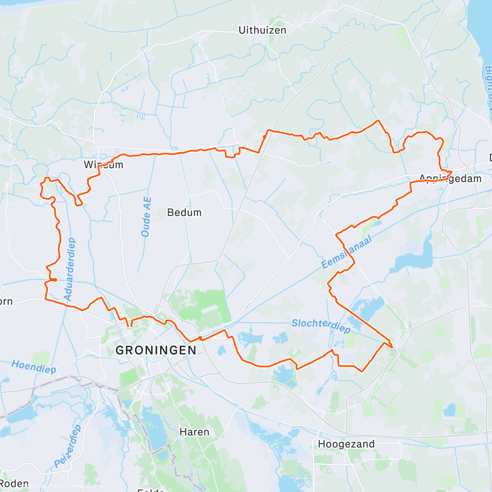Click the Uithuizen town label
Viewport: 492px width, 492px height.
tap(262, 30)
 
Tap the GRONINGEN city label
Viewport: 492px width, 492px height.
tap(156, 350)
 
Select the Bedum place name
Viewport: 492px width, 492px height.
tap(184, 212)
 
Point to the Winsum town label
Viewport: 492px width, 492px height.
tap(103, 165)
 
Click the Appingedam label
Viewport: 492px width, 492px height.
tap(450, 179)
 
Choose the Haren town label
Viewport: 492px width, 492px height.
tap(194, 432)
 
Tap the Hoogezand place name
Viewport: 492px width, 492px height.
tap(346, 444)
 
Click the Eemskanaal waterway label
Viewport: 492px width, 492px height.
tap(346, 252)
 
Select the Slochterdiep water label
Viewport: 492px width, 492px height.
tap(321, 326)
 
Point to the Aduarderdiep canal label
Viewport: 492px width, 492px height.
tap(69, 269)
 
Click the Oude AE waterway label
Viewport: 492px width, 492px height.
tap(146, 217)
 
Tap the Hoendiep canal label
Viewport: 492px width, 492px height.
tap(34, 366)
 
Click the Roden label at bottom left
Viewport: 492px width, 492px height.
tap(14, 484)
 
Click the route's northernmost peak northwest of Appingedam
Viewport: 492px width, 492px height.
tap(378, 121)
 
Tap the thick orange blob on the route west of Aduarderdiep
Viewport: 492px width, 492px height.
tap(53, 280)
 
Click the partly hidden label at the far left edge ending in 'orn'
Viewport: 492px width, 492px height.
tap(6, 302)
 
